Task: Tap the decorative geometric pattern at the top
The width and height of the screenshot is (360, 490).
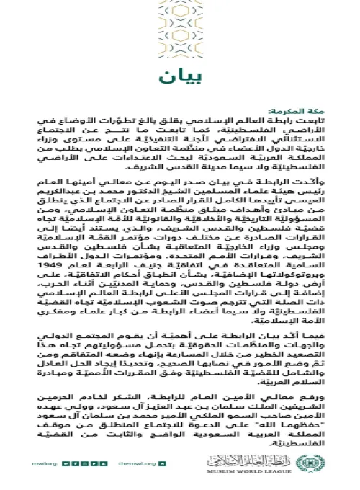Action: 180,29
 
